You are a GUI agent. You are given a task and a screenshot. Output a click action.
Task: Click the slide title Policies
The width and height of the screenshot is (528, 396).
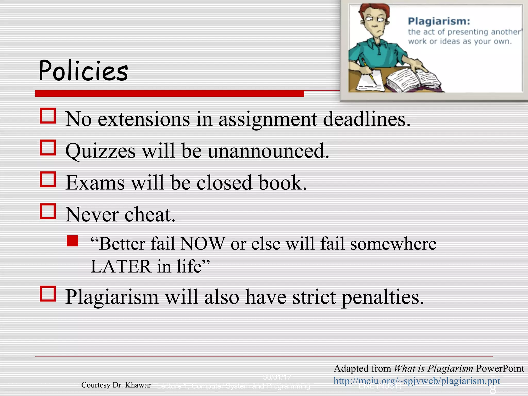pyautogui.click(x=83, y=70)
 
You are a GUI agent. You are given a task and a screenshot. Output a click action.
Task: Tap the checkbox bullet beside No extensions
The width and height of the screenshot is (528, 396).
pyautogui.click(x=48, y=116)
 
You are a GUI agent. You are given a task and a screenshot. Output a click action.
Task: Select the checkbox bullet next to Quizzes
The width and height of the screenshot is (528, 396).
pyautogui.click(x=48, y=148)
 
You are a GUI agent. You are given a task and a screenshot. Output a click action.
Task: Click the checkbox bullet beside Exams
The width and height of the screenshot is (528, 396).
pyautogui.click(x=48, y=179)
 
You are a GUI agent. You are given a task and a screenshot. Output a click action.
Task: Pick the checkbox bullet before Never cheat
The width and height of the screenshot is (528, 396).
pyautogui.click(x=48, y=211)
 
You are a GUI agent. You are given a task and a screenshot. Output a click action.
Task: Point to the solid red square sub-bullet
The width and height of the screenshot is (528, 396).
pyautogui.click(x=72, y=241)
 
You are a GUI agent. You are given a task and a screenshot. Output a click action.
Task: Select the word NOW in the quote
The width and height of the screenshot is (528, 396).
pyautogui.click(x=203, y=244)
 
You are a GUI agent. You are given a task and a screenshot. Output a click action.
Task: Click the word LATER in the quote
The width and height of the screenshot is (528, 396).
pyautogui.click(x=121, y=266)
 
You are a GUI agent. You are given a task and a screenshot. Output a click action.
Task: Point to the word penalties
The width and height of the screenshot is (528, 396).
pyautogui.click(x=383, y=297)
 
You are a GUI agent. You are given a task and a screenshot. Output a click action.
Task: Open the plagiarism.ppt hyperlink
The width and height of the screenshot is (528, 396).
pyautogui.click(x=417, y=381)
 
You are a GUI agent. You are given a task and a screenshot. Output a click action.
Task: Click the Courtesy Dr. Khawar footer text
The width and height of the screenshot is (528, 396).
pyautogui.click(x=116, y=385)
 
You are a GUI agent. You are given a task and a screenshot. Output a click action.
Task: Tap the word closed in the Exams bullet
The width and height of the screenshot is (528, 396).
pyautogui.click(x=224, y=183)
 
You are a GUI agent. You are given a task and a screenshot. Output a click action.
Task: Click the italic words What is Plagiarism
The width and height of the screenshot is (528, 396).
pyautogui.click(x=433, y=368)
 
